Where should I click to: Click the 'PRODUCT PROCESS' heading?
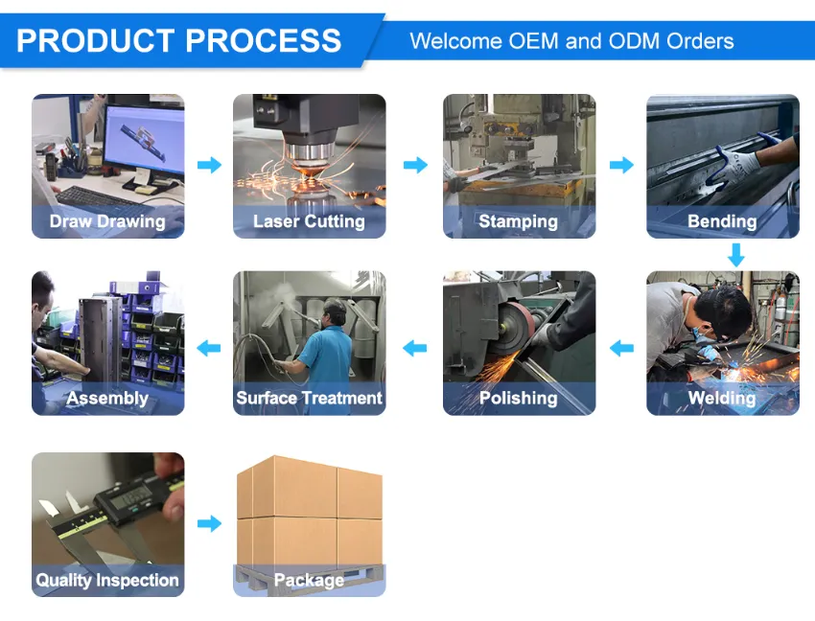tap(178, 40)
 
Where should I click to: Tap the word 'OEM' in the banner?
tap(533, 41)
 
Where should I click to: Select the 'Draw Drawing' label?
tap(107, 221)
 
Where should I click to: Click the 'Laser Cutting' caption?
tap(310, 221)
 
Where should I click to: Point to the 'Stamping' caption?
tap(519, 221)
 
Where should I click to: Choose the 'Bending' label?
tap(723, 221)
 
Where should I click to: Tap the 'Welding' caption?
tap(723, 398)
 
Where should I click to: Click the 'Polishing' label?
tap(519, 398)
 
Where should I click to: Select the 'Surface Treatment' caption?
tap(310, 398)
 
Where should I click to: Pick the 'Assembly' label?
tap(107, 398)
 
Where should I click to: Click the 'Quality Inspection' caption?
tap(107, 580)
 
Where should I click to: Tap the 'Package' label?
tap(310, 580)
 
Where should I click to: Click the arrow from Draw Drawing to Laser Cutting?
tap(209, 165)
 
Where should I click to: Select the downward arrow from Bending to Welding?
tap(736, 255)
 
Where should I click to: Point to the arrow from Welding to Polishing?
tap(621, 348)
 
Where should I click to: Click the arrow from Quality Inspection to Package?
tap(209, 523)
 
